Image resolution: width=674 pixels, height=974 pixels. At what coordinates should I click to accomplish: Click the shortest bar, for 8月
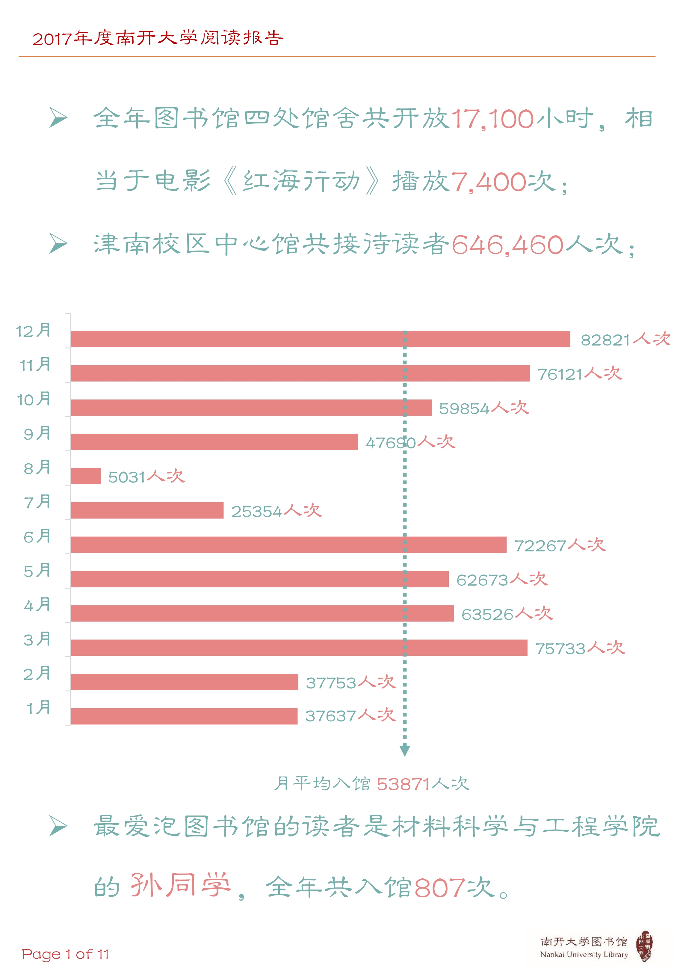point(86,476)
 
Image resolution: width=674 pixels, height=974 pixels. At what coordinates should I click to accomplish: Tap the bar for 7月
point(147,510)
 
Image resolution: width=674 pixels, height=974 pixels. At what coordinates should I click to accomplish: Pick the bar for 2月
point(185,682)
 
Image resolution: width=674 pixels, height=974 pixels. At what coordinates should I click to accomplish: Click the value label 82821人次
point(625,339)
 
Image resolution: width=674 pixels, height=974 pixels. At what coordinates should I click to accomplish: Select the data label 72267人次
point(560,545)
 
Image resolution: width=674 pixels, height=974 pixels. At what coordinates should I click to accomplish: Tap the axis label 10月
point(34,399)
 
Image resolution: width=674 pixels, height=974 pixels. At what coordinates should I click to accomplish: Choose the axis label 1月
point(38,708)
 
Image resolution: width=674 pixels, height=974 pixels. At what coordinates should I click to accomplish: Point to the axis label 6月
point(37,536)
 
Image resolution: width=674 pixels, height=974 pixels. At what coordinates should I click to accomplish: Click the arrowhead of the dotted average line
point(405,750)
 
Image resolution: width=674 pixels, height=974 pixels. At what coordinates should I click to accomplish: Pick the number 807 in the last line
point(439,888)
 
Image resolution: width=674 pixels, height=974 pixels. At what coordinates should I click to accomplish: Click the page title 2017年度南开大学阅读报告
point(158,38)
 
